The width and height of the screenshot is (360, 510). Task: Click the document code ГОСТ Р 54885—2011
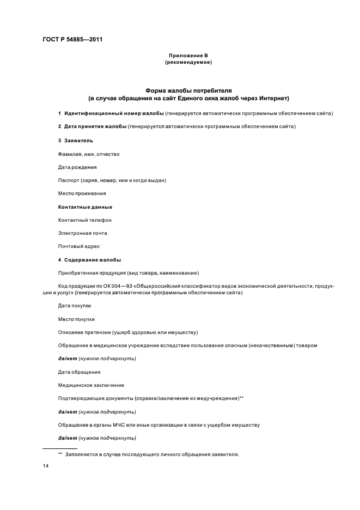coord(72,40)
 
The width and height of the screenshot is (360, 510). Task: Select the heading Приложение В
coord(188,56)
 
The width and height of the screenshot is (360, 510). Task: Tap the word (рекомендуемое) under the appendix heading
coord(188,63)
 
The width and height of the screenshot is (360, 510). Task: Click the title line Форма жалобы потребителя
coord(188,90)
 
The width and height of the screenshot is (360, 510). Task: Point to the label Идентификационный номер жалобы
coord(114,113)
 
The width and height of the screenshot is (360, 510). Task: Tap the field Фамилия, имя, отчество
coord(88,154)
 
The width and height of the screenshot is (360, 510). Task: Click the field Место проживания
coord(82,193)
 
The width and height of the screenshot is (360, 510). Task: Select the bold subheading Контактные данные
coord(85,207)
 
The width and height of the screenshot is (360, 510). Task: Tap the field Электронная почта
coord(82,233)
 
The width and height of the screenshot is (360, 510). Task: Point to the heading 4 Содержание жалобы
coord(89,259)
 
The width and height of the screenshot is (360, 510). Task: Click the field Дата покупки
coord(75,306)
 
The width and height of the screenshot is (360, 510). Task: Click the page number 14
coord(46,467)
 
